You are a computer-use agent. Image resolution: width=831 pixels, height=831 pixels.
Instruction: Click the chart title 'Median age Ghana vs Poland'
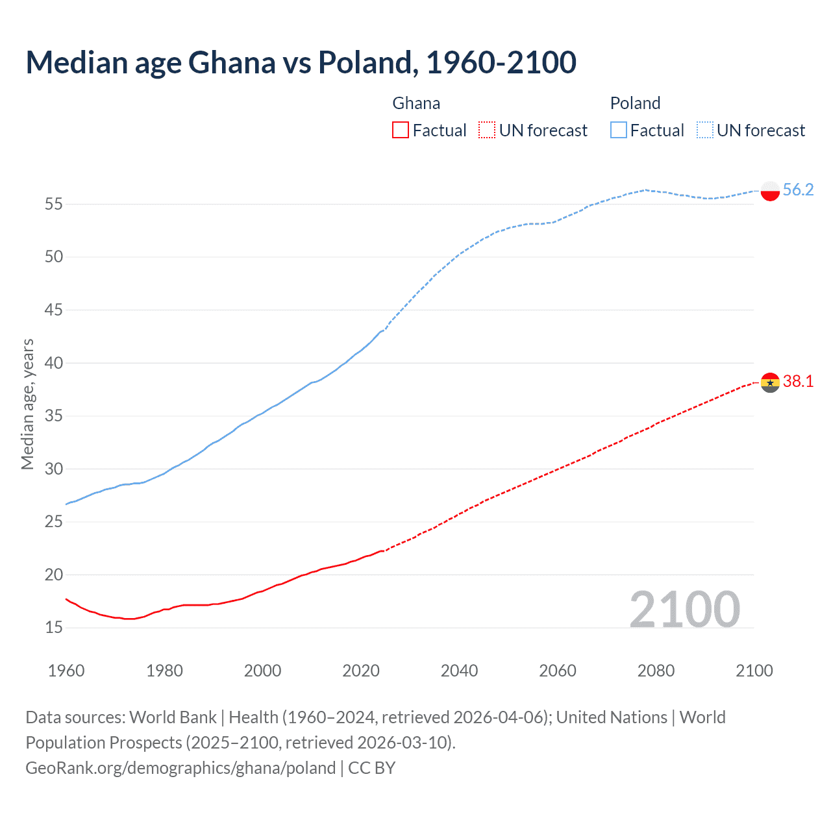pos(301,62)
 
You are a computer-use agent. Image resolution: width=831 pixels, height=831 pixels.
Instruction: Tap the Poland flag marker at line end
pos(769,191)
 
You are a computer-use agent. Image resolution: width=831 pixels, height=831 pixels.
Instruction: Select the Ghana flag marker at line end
pos(769,382)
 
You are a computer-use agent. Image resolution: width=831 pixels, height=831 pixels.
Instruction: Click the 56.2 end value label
pos(798,190)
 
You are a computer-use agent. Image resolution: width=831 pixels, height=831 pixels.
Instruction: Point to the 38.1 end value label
pos(798,381)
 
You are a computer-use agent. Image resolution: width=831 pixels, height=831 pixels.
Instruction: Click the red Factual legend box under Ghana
pos(401,130)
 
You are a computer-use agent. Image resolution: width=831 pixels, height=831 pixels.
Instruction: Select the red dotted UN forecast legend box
pos(487,130)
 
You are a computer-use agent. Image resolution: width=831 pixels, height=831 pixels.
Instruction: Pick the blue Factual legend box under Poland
pos(618,130)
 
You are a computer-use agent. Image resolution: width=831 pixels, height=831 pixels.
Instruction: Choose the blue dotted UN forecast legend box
pos(704,130)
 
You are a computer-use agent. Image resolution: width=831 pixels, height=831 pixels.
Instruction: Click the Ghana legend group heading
pos(416,103)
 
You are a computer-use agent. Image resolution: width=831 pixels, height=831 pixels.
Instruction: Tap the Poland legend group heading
pos(635,103)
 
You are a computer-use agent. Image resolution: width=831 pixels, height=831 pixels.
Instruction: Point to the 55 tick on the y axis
pos(54,205)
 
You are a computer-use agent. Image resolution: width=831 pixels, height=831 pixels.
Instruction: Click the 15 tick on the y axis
pos(54,628)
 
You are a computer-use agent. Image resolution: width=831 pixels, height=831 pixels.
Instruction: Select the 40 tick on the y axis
pos(54,364)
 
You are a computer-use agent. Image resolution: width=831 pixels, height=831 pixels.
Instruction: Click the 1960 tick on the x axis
pos(66,671)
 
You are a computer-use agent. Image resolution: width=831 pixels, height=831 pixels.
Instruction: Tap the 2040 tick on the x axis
pos(459,671)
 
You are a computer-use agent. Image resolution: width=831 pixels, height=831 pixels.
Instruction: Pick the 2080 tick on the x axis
pos(656,671)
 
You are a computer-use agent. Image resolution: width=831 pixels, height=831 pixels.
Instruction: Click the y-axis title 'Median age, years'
pos(27,404)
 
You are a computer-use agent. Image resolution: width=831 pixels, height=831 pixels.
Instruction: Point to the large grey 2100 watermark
pos(684,609)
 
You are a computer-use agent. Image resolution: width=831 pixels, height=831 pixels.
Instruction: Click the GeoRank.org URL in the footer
pos(180,768)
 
